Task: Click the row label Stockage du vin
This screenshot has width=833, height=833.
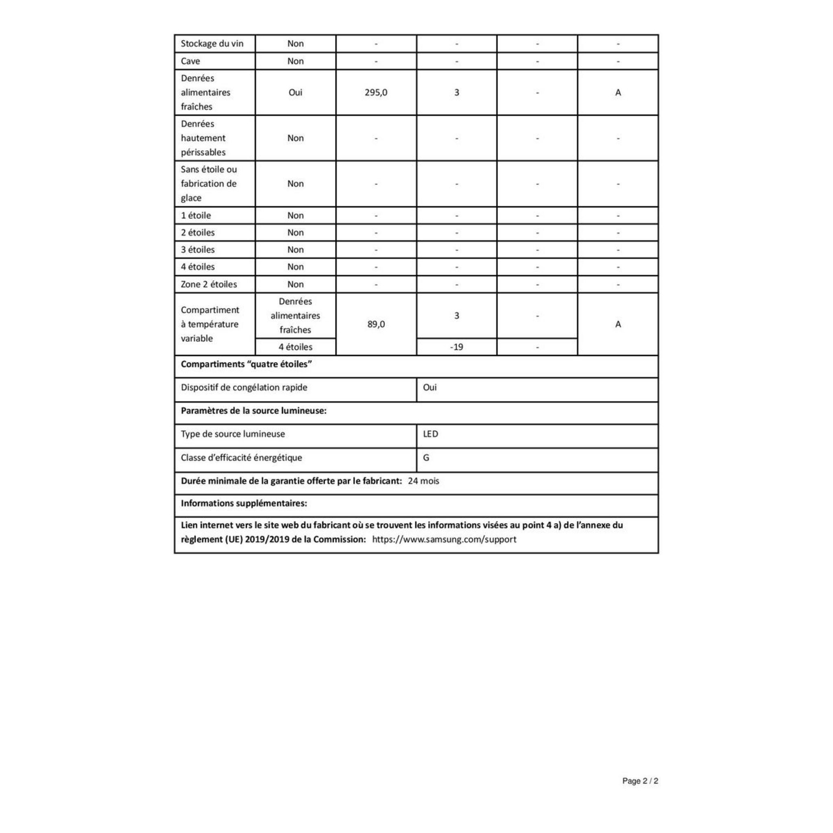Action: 212,44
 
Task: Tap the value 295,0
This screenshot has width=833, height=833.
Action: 376,92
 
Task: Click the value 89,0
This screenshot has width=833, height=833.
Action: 376,324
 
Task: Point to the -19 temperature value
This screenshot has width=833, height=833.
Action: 456,347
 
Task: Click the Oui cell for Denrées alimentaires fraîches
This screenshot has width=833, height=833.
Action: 295,92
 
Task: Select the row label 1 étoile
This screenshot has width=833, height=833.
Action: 196,216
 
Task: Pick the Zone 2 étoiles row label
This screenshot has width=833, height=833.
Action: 209,285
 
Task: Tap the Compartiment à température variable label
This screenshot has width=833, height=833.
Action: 209,324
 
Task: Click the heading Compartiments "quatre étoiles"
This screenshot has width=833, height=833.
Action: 246,364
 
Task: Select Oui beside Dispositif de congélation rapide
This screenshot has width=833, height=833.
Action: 430,388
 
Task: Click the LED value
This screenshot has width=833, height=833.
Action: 430,434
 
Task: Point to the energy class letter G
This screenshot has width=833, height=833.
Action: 426,458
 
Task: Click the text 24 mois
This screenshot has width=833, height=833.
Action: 423,481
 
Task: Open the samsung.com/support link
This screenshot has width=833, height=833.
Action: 444,539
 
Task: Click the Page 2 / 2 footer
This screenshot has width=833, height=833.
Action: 640,781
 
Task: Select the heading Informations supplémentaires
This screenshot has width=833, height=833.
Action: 244,504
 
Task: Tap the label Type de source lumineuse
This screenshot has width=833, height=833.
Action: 233,434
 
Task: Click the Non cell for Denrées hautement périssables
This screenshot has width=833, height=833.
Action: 295,138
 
